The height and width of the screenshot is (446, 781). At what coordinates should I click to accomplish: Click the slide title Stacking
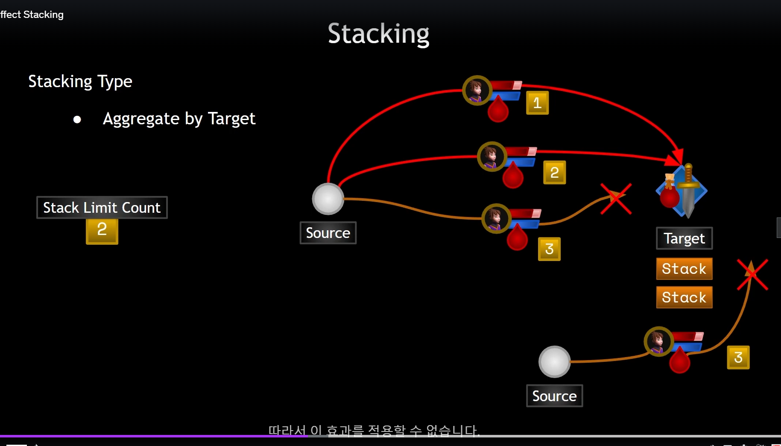378,34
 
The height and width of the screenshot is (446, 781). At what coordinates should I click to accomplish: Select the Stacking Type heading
80,81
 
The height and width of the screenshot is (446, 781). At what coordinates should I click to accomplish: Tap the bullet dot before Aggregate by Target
77,120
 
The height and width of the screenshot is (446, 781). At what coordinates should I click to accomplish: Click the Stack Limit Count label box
102,208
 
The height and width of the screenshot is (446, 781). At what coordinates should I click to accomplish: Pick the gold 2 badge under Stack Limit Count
102,231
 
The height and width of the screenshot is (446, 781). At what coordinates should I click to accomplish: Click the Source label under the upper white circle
328,233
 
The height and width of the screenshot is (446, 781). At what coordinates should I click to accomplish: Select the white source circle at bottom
554,362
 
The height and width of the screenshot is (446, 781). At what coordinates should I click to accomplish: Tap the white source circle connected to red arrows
328,199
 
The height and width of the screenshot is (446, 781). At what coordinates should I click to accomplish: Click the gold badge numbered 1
537,103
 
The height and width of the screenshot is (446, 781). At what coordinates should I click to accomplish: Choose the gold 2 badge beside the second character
554,173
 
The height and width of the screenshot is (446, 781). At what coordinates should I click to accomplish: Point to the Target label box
684,238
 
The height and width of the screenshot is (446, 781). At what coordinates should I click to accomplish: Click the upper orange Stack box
684,269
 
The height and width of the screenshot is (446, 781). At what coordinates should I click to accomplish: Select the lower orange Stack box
684,297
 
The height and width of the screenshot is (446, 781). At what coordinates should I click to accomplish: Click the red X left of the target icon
616,199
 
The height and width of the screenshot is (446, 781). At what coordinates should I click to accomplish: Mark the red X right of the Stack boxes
752,275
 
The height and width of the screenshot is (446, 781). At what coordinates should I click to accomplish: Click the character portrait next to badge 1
477,90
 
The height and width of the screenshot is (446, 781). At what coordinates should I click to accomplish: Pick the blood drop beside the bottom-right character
679,361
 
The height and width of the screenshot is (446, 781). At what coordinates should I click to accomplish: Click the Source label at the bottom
554,396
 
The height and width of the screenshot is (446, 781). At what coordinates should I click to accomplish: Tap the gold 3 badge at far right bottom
738,358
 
